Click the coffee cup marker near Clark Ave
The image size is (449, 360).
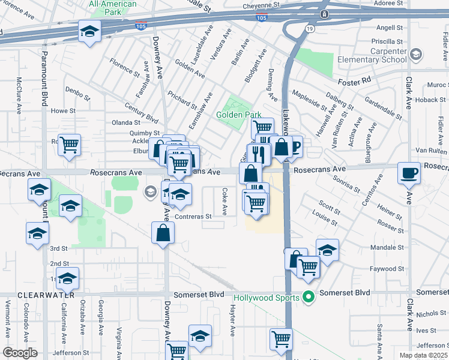pyautogui.click(x=409, y=173)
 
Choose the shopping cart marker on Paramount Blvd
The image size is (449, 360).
pyautogui.click(x=70, y=144)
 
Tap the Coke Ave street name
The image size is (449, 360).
pyautogui.click(x=224, y=202)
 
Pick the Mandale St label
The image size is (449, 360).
pyautogui.click(x=387, y=247)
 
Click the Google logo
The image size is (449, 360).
pyautogui.click(x=20, y=353)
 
